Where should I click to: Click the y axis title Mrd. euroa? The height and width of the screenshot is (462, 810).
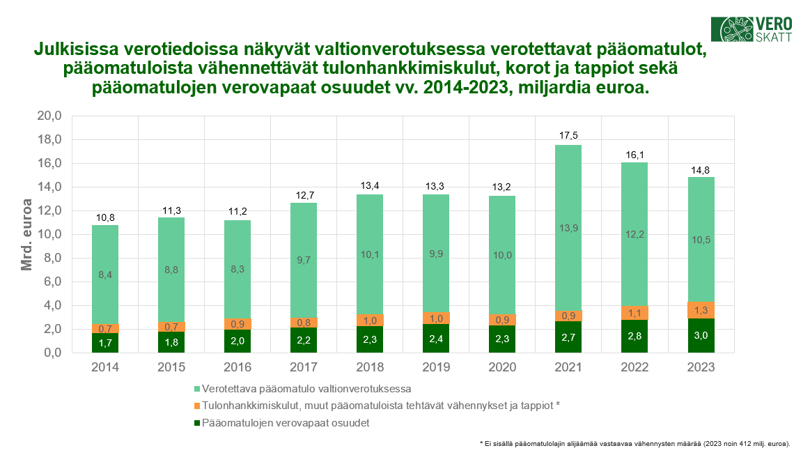[27, 235]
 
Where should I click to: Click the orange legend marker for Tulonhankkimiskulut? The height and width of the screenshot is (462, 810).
[196, 406]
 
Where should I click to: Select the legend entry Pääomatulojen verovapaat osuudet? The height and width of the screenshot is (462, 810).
[285, 423]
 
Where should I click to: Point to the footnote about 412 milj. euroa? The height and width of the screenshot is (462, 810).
[639, 443]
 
